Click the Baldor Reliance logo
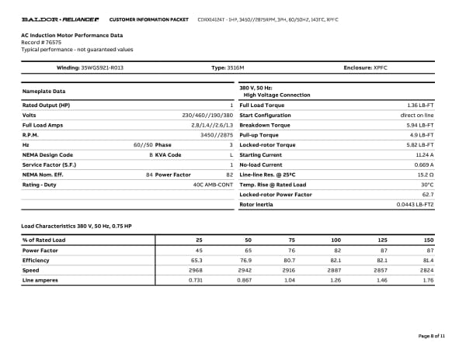pyautogui.click(x=60, y=18)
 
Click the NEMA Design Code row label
pyautogui.click(x=47, y=154)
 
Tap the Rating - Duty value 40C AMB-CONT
pyautogui.click(x=213, y=185)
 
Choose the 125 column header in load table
pyautogui.click(x=381, y=240)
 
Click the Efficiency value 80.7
pyautogui.click(x=290, y=260)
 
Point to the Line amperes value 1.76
pyautogui.click(x=429, y=279)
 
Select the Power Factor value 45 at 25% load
pyautogui.click(x=199, y=250)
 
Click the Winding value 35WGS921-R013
pyautogui.click(x=102, y=67)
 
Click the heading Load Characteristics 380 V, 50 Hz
pyautogui.click(x=75, y=226)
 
